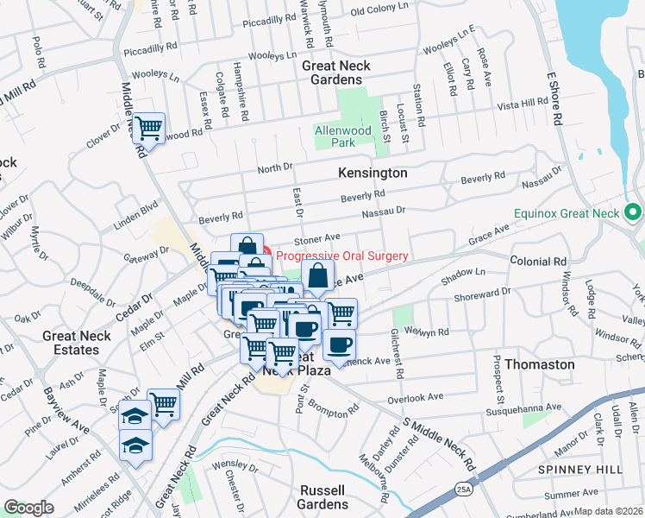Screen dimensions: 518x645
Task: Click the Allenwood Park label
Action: point(337,136)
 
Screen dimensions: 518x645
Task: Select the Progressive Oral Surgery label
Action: point(342,256)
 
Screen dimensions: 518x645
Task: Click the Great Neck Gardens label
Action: point(332,73)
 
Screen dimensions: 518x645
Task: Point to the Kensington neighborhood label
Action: point(372,174)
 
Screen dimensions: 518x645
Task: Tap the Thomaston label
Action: point(540,364)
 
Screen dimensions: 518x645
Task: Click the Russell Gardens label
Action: point(323,496)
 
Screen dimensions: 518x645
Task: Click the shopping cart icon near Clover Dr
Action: point(150,129)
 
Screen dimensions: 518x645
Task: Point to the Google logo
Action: point(29,508)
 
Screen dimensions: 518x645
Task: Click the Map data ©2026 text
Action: point(609,511)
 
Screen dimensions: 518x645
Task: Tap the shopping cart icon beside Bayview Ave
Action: point(162,403)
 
